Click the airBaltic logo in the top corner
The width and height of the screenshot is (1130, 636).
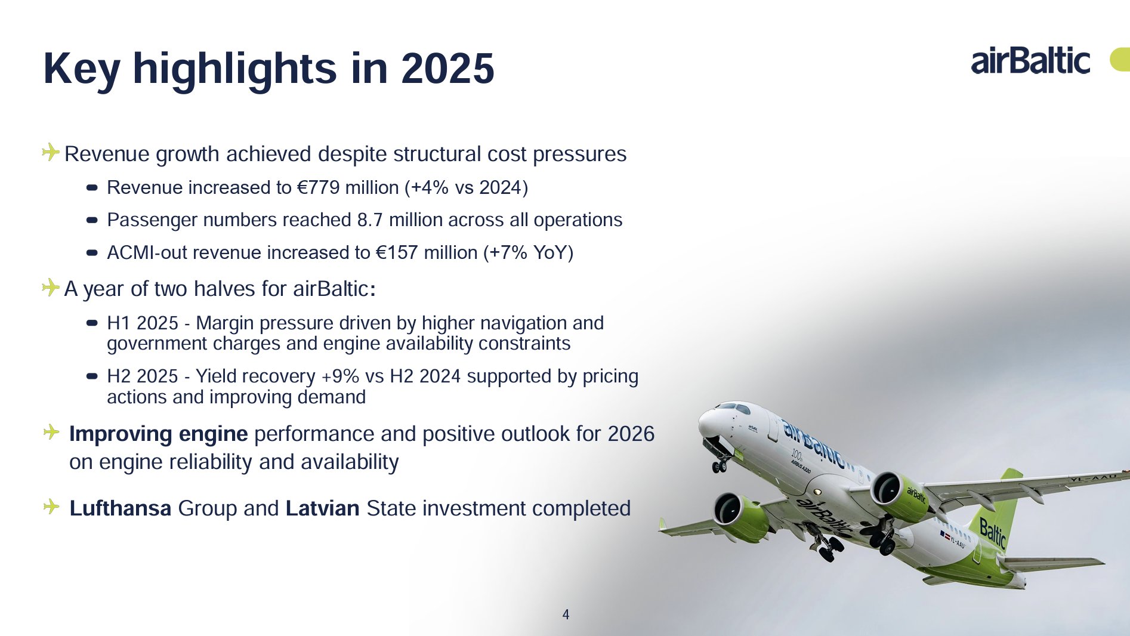tap(1030, 60)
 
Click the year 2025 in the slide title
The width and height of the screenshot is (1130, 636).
tap(447, 68)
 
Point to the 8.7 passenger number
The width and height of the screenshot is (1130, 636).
tap(370, 220)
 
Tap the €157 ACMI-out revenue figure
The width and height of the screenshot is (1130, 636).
tap(397, 252)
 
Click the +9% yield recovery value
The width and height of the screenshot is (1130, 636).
tap(341, 376)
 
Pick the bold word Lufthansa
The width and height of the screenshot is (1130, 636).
tap(121, 508)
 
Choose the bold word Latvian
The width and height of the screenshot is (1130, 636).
tap(323, 508)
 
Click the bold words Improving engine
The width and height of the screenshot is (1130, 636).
tap(159, 434)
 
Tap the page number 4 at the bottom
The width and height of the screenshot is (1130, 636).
tap(566, 615)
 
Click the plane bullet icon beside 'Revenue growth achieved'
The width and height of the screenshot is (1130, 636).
tap(51, 152)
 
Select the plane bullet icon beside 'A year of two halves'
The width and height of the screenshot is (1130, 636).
tap(51, 287)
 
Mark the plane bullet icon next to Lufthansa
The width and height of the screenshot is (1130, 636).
tap(51, 507)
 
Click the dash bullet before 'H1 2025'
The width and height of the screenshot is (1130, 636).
tap(92, 323)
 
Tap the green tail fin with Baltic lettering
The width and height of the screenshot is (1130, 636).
tap(993, 513)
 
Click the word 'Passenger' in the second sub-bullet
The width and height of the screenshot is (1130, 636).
tap(152, 220)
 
